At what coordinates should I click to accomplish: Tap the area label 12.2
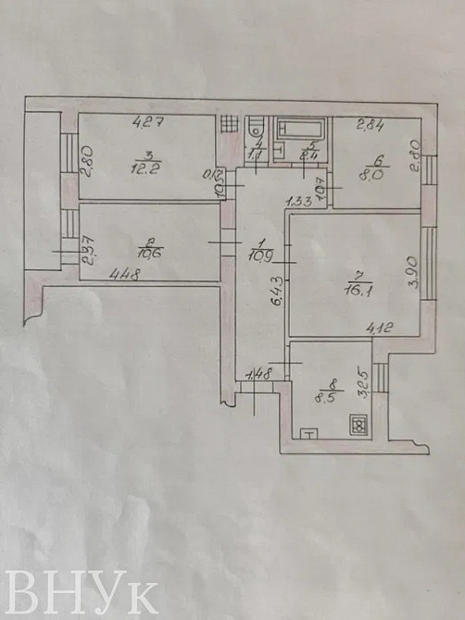(x=144, y=167)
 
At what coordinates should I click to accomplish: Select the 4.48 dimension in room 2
(x=126, y=273)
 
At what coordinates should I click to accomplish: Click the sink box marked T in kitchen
(x=308, y=431)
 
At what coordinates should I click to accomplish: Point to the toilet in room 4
(x=257, y=130)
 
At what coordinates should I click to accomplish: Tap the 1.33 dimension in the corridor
(x=298, y=199)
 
